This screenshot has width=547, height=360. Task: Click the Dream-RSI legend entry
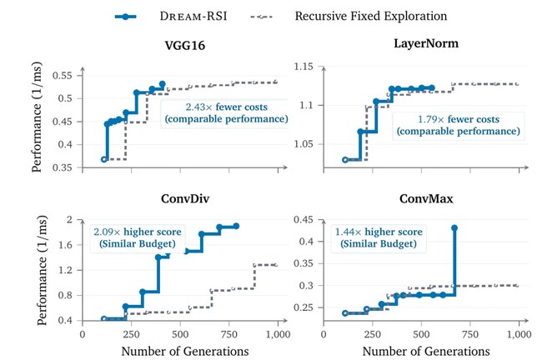pyautogui.click(x=171, y=16)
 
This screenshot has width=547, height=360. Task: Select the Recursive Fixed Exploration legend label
pyautogui.click(x=371, y=16)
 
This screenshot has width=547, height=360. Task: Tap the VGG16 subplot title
pyautogui.click(x=185, y=46)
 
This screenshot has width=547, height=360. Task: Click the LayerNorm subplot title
pyautogui.click(x=426, y=43)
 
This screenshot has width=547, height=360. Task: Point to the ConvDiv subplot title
pyautogui.click(x=185, y=198)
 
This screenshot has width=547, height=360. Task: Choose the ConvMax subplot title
pyautogui.click(x=426, y=198)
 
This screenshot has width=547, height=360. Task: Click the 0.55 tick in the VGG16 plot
pyautogui.click(x=62, y=75)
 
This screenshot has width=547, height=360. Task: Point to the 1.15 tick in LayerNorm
pyautogui.click(x=304, y=66)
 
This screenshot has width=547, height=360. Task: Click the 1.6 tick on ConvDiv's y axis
pyautogui.click(x=66, y=245)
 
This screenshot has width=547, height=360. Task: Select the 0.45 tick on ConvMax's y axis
pyautogui.click(x=304, y=219)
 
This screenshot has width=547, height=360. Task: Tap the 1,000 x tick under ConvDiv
pyautogui.click(x=278, y=334)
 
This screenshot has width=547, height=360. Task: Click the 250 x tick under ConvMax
pyautogui.click(x=373, y=334)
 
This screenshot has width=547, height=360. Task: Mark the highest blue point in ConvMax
pyautogui.click(x=454, y=228)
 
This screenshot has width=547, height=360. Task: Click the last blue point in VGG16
pyautogui.click(x=163, y=84)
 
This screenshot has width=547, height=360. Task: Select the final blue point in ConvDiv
pyautogui.click(x=236, y=226)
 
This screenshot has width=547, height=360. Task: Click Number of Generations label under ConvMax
pyautogui.click(x=426, y=351)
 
